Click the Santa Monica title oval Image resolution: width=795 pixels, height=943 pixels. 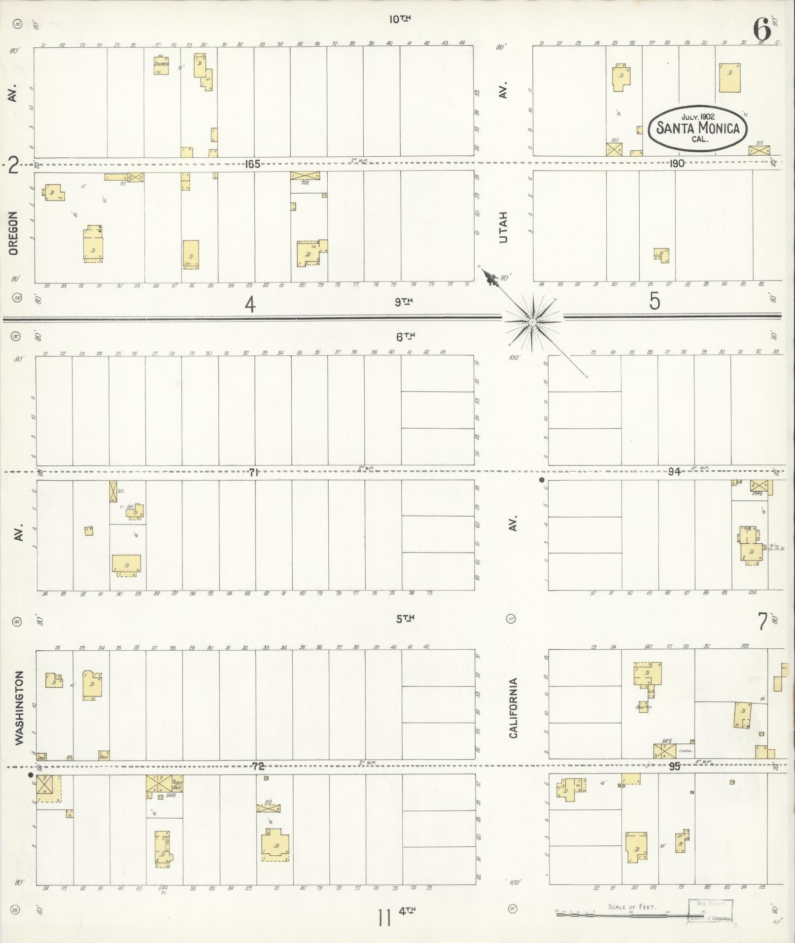coord(697,128)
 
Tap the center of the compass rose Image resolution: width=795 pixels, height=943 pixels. coord(532,322)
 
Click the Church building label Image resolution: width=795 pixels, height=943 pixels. coord(161,65)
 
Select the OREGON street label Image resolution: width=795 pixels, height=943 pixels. coord(13,233)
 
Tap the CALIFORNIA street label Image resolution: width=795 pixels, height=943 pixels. coord(514,708)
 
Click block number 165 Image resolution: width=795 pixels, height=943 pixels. coord(252,164)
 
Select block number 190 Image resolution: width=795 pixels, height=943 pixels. coord(677,164)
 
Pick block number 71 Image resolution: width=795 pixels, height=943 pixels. coord(254,472)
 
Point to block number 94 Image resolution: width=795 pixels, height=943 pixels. coord(674,472)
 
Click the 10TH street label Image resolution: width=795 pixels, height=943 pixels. coord(400,19)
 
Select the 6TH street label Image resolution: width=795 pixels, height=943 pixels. coord(405,337)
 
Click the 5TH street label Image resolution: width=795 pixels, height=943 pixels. coord(405,619)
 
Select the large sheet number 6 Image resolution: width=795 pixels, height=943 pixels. coord(761,31)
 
